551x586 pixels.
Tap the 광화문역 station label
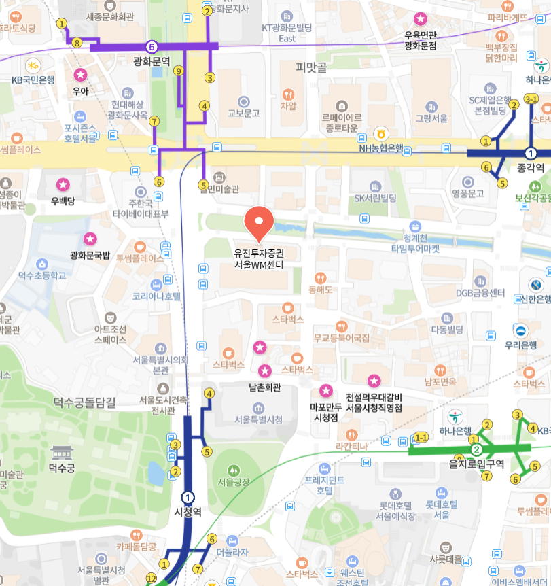pyautogui.click(x=151, y=62)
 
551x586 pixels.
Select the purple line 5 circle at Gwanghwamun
pyautogui.click(x=152, y=46)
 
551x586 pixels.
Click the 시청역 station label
pyautogui.click(x=188, y=512)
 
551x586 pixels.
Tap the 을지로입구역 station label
pyautogui.click(x=476, y=464)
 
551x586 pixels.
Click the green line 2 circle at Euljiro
pyautogui.click(x=476, y=449)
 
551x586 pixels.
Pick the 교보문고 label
pyautogui.click(x=243, y=113)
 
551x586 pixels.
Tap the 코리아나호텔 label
pyautogui.click(x=157, y=296)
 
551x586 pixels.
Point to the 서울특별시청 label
pyautogui.click(x=258, y=419)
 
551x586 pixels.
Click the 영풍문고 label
pyautogui.click(x=467, y=193)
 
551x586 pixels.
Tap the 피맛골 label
pyautogui.click(x=311, y=67)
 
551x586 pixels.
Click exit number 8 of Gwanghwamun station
pyautogui.click(x=77, y=43)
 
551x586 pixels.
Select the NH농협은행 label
pyautogui.click(x=381, y=148)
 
